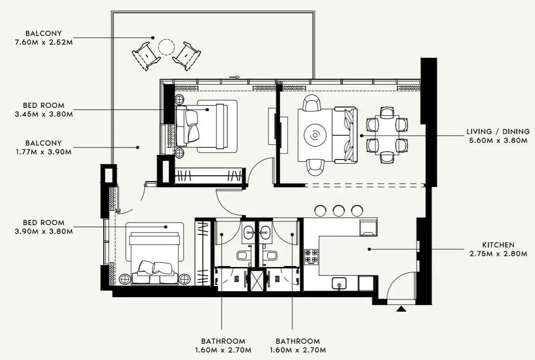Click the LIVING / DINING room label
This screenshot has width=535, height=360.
(x=497, y=132)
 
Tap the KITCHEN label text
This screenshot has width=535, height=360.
(x=498, y=245)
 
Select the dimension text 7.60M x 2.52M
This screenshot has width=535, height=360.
(x=44, y=42)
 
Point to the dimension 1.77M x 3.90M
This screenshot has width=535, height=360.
(x=44, y=152)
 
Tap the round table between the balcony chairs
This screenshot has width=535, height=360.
(x=166, y=47)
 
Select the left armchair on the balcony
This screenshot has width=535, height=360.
(x=146, y=55)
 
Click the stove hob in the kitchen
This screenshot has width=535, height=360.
(x=311, y=256)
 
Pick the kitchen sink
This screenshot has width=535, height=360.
(x=339, y=283)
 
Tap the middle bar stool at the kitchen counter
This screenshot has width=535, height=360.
(x=339, y=210)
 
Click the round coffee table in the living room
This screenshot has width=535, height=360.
(x=315, y=135)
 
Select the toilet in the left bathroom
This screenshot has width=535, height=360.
(x=243, y=255)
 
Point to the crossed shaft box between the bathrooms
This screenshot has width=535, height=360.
(x=256, y=280)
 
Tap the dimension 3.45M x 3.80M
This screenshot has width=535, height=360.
(x=44, y=114)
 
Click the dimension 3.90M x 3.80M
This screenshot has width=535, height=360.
(x=44, y=231)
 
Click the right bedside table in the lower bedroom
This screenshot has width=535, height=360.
(x=185, y=279)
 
